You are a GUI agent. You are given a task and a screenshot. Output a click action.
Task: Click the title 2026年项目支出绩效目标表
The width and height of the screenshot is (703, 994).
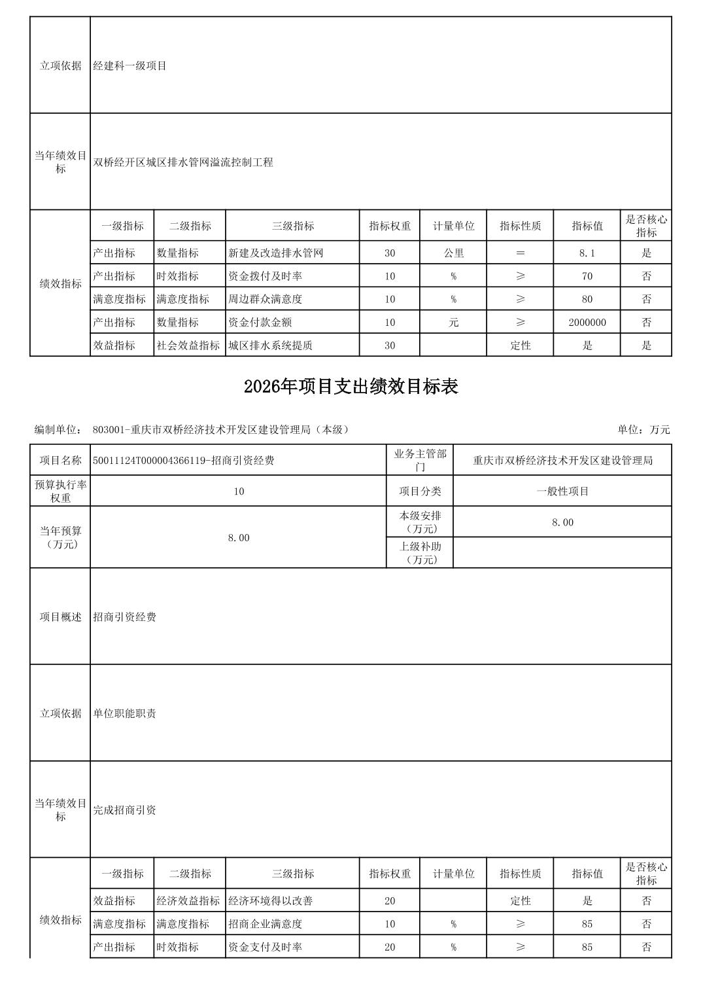tap(351, 387)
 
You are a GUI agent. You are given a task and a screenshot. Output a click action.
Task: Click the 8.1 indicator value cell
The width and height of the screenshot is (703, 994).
tap(587, 253)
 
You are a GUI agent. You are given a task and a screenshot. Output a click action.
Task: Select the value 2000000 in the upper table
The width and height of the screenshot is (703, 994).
tap(587, 323)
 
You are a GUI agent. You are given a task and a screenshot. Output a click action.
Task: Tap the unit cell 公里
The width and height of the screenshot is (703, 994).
tap(453, 253)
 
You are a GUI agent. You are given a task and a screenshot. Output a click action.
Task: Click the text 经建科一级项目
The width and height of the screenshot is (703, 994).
tap(130, 65)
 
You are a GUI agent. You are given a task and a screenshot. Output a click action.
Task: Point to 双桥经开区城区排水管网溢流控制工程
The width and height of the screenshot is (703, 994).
tap(183, 162)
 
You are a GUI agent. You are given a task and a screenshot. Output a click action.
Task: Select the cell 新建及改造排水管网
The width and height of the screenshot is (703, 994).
tap(275, 253)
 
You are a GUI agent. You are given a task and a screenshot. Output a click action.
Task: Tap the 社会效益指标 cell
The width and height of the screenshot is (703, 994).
tap(188, 346)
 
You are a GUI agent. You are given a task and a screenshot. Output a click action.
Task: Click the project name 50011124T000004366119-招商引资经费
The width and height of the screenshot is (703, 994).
tap(184, 461)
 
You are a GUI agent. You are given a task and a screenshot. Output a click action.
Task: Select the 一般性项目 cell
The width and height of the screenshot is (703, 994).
tap(562, 491)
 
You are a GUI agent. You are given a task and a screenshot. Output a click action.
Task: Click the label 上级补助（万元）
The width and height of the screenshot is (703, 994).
tap(420, 553)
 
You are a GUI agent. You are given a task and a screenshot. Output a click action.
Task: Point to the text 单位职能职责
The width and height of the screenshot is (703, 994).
tap(125, 713)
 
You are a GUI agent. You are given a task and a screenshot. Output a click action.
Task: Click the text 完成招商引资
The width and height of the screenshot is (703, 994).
tap(125, 810)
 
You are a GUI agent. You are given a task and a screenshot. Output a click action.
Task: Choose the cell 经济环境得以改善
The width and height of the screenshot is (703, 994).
tap(270, 901)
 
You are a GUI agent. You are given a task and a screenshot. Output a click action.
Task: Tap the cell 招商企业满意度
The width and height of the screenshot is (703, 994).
tap(265, 924)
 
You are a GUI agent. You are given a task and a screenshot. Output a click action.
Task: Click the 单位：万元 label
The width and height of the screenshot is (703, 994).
tap(643, 430)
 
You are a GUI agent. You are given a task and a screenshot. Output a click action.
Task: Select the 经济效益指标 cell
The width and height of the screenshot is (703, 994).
tap(188, 901)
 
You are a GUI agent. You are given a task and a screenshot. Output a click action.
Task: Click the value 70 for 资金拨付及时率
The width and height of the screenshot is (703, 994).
tap(587, 276)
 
